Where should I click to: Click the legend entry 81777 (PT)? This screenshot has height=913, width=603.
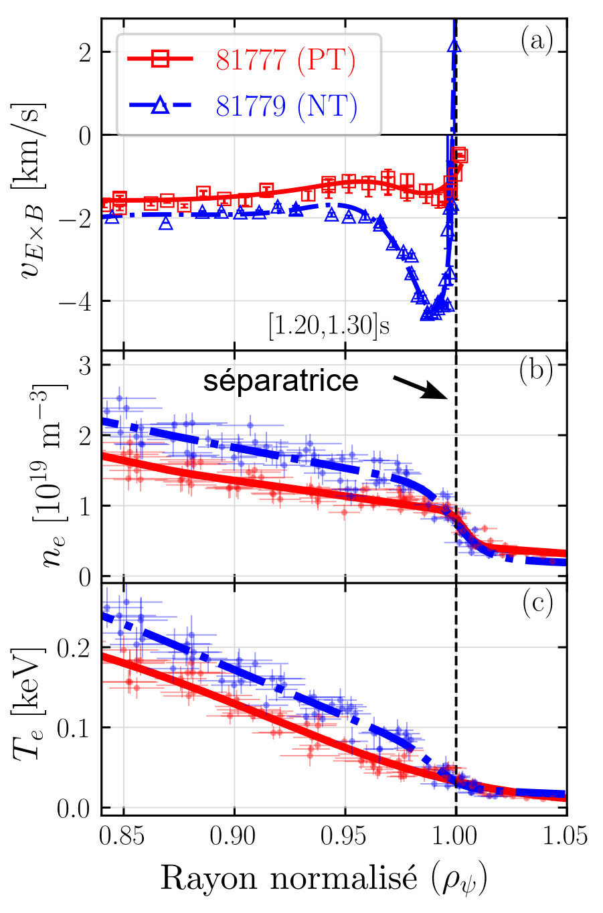(286, 61)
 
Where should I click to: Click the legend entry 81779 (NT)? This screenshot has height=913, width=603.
(286, 106)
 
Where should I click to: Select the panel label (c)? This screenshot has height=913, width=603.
(536, 603)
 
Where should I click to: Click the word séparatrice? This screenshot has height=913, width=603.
(281, 381)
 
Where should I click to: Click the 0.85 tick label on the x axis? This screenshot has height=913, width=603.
(124, 836)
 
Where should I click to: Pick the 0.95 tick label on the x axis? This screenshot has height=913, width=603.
(345, 836)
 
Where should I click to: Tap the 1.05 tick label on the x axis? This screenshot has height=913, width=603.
(566, 836)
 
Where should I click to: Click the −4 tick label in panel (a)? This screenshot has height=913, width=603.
(74, 301)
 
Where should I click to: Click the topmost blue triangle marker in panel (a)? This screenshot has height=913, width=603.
(455, 46)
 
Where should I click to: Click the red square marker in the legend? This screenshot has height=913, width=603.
(160, 60)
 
